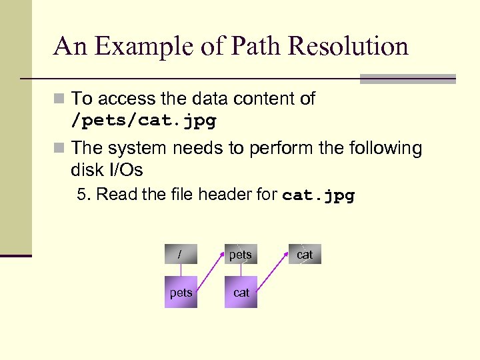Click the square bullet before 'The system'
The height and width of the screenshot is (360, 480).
(x=60, y=148)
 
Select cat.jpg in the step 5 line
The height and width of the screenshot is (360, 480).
(x=319, y=196)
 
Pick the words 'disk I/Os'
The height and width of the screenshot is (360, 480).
(x=107, y=170)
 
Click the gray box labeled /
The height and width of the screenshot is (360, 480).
(x=181, y=255)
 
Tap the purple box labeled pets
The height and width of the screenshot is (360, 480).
(x=181, y=292)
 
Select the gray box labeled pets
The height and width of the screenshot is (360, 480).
(x=241, y=255)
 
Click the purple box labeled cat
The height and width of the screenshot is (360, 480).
(x=241, y=292)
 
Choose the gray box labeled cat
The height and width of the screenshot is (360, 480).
(x=305, y=255)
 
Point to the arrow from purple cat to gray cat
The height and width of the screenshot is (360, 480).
(x=273, y=273)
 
